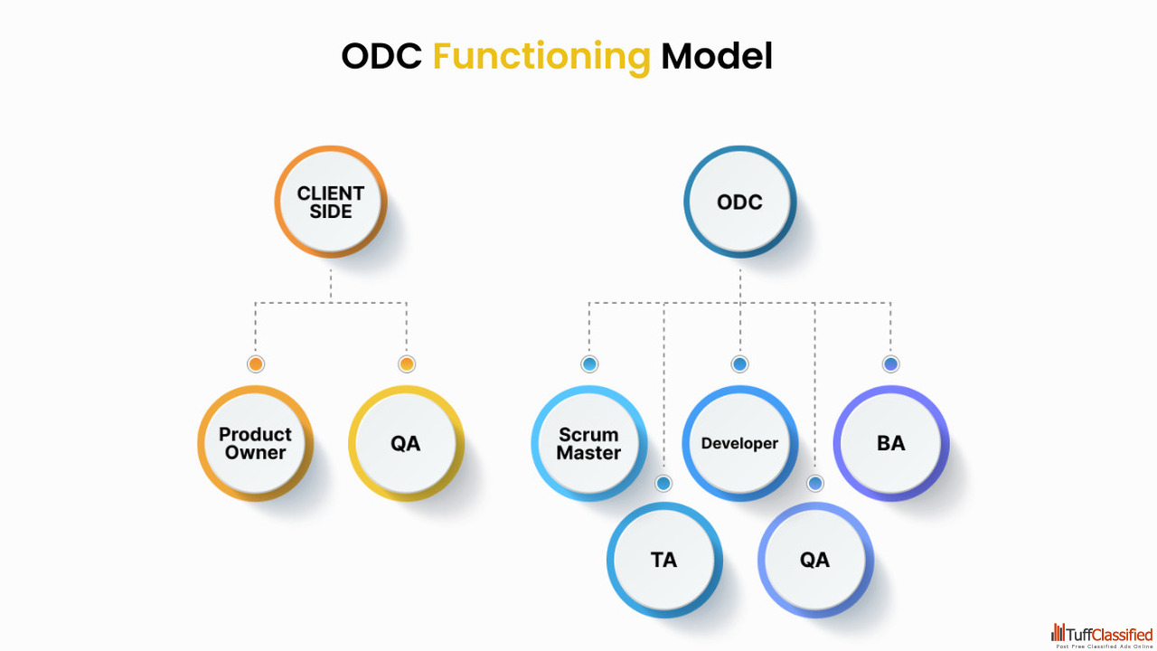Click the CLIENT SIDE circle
[x=331, y=202]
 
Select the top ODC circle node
[x=739, y=202]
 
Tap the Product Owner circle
[x=255, y=443]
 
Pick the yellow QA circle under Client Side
[x=406, y=443]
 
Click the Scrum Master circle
[x=588, y=443]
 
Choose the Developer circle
[x=739, y=443]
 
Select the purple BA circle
[x=890, y=443]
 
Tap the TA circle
[x=663, y=560]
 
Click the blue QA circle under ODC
[x=814, y=560]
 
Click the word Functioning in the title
[x=541, y=56]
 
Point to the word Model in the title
[x=716, y=56]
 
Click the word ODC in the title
[x=381, y=56]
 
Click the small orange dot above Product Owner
[x=256, y=364]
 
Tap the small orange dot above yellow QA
[x=407, y=364]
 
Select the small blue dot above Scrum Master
[x=589, y=364]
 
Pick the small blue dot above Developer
[x=739, y=364]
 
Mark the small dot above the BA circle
[x=890, y=364]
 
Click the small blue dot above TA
[x=663, y=484]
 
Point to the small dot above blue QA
[x=815, y=484]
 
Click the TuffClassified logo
[x=1102, y=635]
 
